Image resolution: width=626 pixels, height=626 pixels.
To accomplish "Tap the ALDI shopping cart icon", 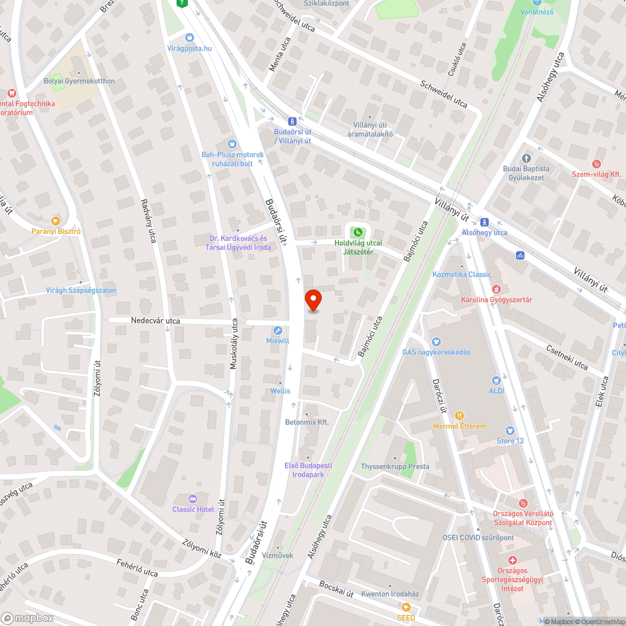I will tap(496, 380).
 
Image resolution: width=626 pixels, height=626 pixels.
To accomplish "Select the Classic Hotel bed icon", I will tap(193, 498).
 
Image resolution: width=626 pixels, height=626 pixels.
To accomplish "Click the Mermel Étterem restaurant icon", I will tap(459, 415).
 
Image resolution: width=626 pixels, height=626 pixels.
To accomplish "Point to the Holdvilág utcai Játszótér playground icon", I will tap(357, 232).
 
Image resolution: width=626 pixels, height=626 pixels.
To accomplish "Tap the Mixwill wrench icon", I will tap(278, 330).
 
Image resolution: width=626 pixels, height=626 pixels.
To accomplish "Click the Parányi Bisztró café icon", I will tap(56, 220).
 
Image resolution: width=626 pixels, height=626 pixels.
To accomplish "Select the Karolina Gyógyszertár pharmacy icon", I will tap(496, 289).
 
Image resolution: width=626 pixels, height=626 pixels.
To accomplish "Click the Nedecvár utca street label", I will tap(155, 321).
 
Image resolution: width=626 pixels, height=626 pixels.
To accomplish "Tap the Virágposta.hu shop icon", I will tap(190, 37).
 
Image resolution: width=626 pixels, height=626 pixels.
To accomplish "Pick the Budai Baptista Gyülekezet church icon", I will tap(526, 158).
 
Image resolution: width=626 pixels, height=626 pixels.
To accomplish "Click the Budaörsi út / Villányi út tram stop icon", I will tap(292, 121).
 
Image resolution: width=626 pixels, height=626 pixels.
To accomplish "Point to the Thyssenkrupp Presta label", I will tap(395, 466).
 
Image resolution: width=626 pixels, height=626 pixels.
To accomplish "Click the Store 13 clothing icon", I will tap(510, 430).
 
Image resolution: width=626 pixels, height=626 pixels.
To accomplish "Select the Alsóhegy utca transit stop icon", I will tap(484, 222).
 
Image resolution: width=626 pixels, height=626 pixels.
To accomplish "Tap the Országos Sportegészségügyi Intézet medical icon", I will tap(512, 560).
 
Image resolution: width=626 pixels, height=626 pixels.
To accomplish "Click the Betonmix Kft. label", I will tap(307, 423).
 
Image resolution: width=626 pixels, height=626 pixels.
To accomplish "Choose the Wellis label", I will tap(280, 391).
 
